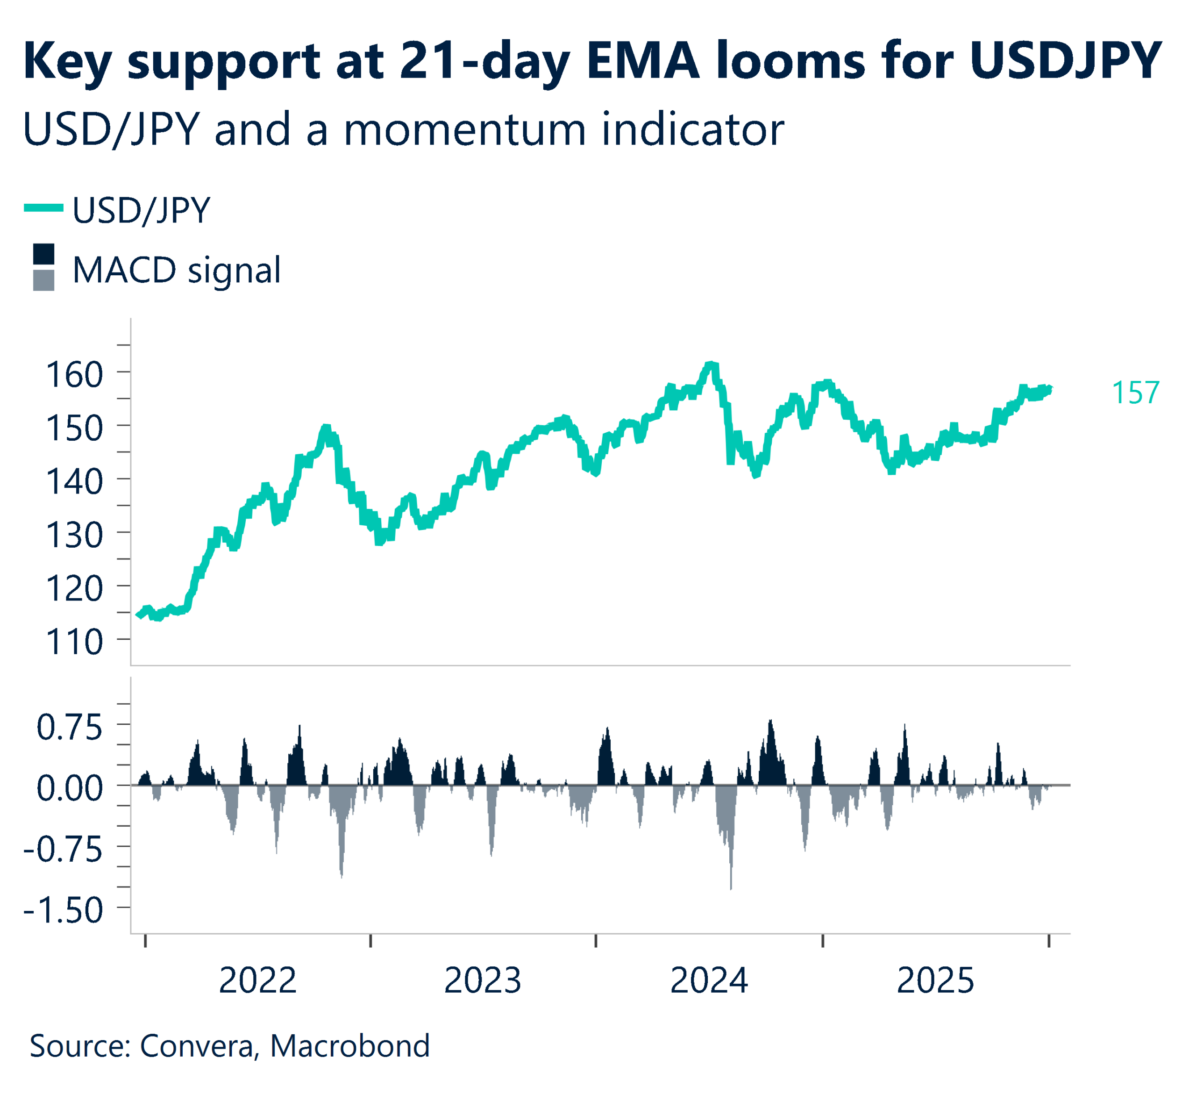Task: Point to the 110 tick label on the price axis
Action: coord(75,642)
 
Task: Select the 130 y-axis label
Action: coord(75,535)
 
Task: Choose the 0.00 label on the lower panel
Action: coord(70,788)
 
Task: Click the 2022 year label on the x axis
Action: coord(257,981)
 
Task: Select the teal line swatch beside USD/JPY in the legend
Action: coord(43,207)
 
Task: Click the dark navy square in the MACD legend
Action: coord(43,254)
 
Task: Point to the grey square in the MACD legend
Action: coord(43,280)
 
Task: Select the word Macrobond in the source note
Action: coord(350,1046)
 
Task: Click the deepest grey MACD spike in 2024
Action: coord(731,887)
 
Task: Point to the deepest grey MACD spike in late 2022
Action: coord(342,876)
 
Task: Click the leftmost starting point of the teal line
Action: coord(138,615)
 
